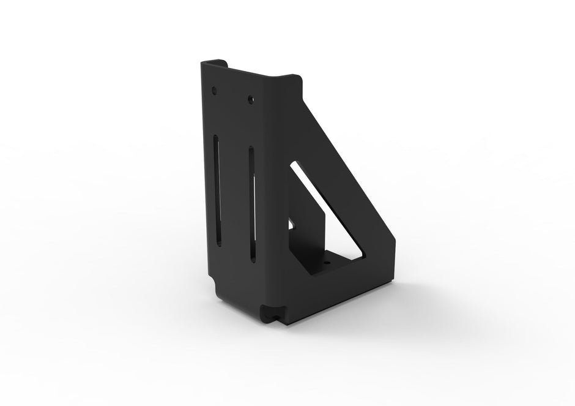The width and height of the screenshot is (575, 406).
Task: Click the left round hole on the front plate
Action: (214, 90)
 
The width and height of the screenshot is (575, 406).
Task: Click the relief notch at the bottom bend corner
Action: (268, 315)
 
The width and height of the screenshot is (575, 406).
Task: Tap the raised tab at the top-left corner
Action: (214, 62)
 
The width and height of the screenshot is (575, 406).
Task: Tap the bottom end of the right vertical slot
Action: (253, 260)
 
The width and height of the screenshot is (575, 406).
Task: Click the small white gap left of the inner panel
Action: (291, 225)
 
